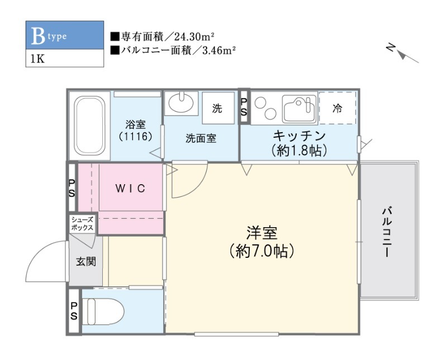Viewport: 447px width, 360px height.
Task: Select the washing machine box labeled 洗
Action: tap(217, 109)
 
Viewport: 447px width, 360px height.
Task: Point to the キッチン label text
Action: tap(299, 136)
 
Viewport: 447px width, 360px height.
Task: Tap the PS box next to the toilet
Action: tap(74, 311)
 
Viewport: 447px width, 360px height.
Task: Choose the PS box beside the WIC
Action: tap(72, 188)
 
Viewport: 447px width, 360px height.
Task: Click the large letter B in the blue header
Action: tap(37, 36)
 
